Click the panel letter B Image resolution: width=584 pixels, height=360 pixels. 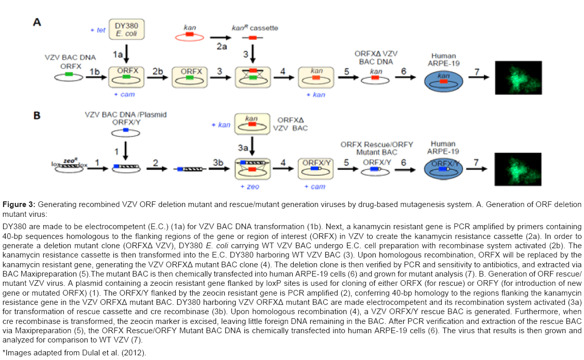(x=37, y=115)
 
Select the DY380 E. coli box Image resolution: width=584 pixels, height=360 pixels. (x=127, y=30)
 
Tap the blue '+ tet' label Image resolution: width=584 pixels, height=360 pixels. (x=97, y=30)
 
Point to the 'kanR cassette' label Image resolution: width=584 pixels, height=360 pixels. (x=255, y=27)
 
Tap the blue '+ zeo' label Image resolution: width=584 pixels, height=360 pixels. (x=253, y=186)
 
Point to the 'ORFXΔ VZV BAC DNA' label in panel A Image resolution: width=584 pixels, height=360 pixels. (x=376, y=57)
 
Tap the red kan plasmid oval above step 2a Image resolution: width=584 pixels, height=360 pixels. (x=190, y=37)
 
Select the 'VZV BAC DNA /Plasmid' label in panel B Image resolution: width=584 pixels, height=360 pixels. (x=126, y=115)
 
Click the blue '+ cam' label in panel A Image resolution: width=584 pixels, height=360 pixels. (x=124, y=95)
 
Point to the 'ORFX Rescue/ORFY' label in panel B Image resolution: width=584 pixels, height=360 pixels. (x=377, y=145)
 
